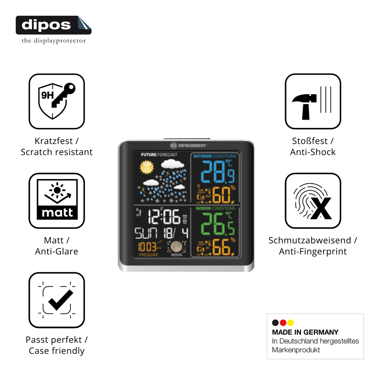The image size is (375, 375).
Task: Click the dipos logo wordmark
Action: [x=46, y=25]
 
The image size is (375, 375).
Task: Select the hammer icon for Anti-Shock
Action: [x=313, y=101]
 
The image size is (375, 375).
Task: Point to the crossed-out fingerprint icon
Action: [x=313, y=201]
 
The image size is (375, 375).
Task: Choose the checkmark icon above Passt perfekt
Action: [x=57, y=300]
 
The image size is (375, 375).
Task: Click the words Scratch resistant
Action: [x=57, y=152]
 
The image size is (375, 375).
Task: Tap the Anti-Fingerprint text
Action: [x=313, y=251]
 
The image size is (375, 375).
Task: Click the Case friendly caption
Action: [x=57, y=351]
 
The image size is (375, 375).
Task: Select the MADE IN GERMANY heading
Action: [x=305, y=332]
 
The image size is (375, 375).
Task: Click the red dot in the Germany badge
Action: [x=283, y=323]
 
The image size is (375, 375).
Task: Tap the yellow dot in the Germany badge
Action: [x=291, y=323]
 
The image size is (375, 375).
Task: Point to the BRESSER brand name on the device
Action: [x=192, y=146]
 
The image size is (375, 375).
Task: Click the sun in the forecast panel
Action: [x=147, y=167]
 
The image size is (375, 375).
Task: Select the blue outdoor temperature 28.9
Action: [x=217, y=172]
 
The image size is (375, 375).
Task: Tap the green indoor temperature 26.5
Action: [x=217, y=224]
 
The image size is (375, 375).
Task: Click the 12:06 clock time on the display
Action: [x=164, y=217]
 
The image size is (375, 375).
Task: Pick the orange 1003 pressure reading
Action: [x=147, y=247]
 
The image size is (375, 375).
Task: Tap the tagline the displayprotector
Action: [x=53, y=41]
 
